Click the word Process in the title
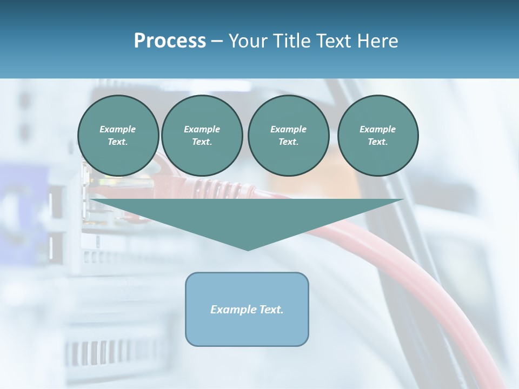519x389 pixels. tap(170, 41)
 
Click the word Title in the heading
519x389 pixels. tap(291, 41)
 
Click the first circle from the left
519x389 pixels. tap(118, 136)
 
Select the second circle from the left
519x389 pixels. tap(202, 136)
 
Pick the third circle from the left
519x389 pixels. tap(289, 136)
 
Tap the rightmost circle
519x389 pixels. tap(378, 136)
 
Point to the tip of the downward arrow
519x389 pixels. tap(248, 249)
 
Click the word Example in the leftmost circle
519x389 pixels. tap(118, 129)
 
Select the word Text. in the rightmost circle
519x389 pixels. tap(378, 142)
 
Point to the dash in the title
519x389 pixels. tap(217, 41)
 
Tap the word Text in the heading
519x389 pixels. tap(331, 41)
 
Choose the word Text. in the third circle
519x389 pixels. tap(289, 142)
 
